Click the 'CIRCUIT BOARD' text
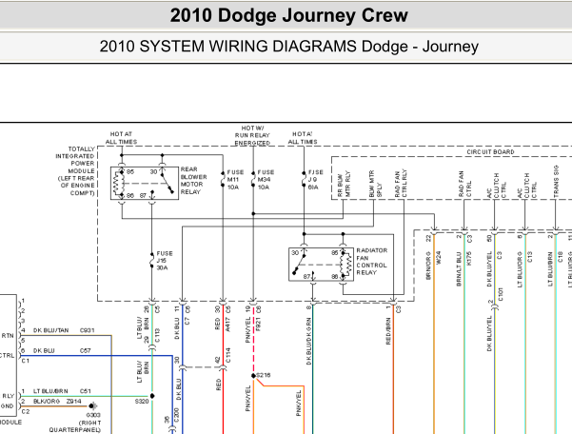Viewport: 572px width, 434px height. click(490, 152)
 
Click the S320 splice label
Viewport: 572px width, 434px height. click(141, 402)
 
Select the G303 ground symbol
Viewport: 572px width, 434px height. click(92, 404)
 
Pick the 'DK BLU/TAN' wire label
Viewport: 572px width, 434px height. click(50, 330)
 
